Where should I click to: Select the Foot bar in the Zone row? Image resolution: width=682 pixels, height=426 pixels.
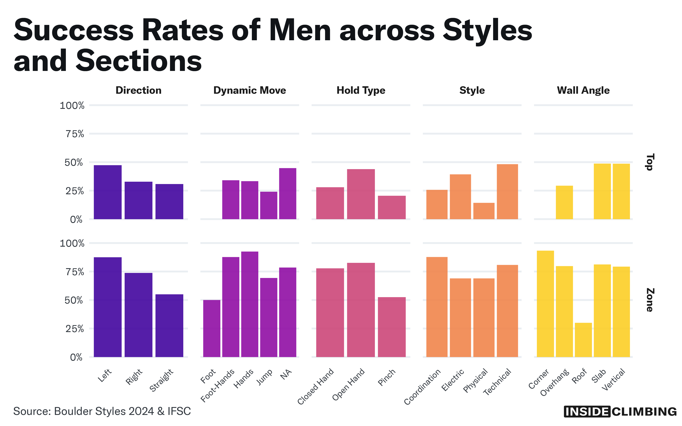(x=212, y=328)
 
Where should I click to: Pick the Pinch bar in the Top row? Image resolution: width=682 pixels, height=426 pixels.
(x=392, y=207)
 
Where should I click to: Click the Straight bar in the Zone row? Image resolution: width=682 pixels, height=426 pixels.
(x=169, y=326)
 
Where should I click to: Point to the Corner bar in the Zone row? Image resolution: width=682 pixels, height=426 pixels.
(x=545, y=304)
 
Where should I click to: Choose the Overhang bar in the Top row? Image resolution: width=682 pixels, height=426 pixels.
(x=564, y=202)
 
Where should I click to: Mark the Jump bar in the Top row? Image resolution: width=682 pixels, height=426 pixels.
(x=269, y=205)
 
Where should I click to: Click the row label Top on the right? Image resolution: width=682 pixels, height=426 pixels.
(x=649, y=162)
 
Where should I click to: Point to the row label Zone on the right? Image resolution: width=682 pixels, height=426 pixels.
(x=649, y=300)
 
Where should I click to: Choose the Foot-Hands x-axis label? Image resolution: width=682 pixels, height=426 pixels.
(x=217, y=386)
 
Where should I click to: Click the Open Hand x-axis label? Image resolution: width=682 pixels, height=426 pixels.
(x=348, y=384)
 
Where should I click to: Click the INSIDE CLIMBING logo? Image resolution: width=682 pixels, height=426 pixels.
(x=620, y=412)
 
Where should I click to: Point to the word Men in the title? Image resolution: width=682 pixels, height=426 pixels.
(x=300, y=30)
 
